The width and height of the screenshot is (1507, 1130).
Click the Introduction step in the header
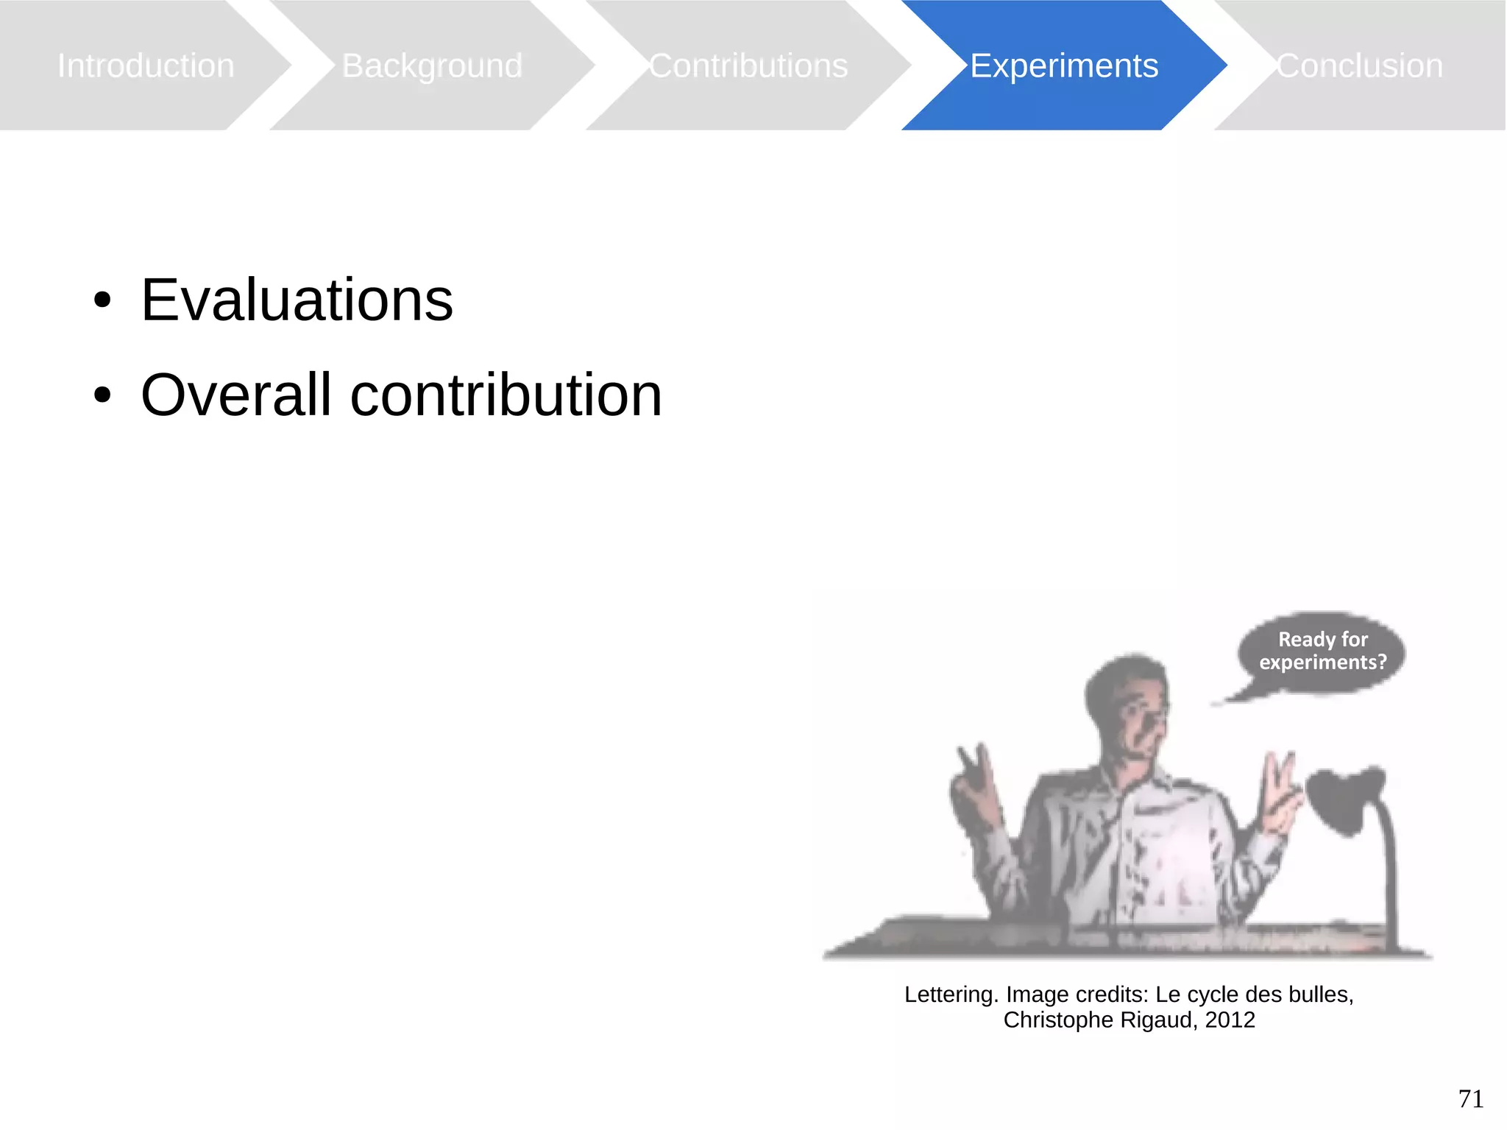(146, 66)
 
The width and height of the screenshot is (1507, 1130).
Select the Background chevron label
(432, 66)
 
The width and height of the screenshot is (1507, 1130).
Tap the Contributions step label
(748, 66)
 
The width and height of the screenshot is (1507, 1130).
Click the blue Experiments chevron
(1063, 66)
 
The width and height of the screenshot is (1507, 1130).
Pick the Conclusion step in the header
(1359, 66)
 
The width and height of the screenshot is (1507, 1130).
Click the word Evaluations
(297, 300)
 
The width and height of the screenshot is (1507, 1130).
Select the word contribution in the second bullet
(506, 395)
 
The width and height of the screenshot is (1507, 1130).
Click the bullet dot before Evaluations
(102, 300)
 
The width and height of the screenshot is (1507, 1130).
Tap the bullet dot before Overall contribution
(102, 395)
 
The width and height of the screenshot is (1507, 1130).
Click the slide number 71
(1470, 1098)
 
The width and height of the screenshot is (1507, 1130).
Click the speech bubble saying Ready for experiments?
(1322, 651)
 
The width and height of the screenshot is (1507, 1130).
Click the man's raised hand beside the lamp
(1280, 795)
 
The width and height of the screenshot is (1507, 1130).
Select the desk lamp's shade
(1343, 799)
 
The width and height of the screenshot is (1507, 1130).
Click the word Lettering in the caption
(950, 995)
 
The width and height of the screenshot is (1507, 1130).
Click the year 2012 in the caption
(1230, 1020)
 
